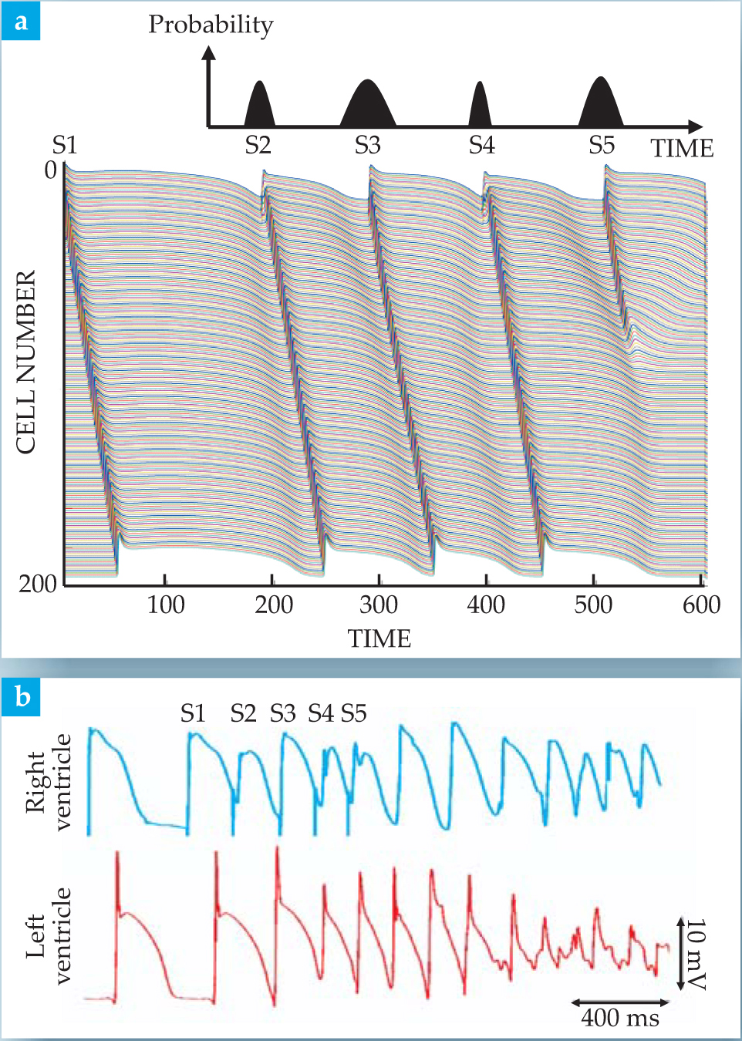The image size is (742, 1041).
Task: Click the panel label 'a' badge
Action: coord(21,21)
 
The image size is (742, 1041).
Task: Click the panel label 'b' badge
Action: coord(22,696)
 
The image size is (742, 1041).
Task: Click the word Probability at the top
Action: coord(211,24)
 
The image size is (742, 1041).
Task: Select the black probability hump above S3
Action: coord(368,106)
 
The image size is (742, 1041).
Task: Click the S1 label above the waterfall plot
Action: coord(65,144)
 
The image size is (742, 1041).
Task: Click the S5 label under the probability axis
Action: coord(602,145)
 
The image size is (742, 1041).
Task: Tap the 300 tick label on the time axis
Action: coord(379,605)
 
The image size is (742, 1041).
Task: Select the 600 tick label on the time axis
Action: coord(701,605)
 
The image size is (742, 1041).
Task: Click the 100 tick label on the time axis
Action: coord(166,605)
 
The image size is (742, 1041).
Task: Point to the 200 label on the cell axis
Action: coord(38,584)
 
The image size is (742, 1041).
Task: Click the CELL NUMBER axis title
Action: coord(26,362)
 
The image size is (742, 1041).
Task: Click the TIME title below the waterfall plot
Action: coord(379,638)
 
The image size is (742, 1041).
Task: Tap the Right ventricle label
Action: coord(48,781)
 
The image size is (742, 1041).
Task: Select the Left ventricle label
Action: coord(48,935)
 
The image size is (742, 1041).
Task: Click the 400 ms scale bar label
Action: coord(620,1018)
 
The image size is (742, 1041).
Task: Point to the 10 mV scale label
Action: coord(696,954)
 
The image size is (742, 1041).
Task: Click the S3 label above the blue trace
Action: coord(282,713)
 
